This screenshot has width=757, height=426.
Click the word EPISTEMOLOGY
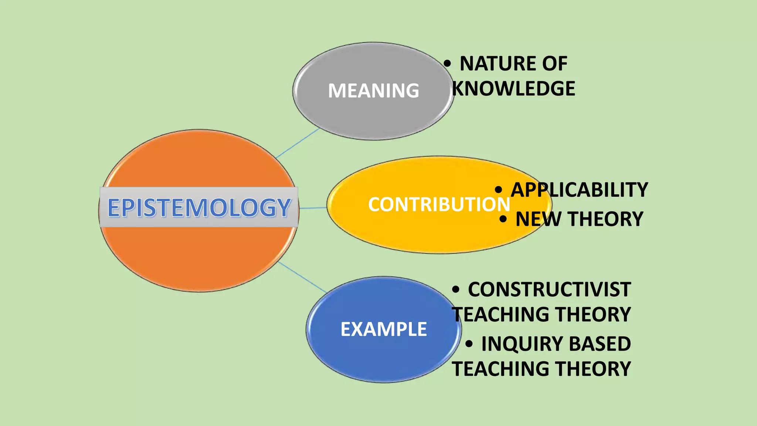pos(199,207)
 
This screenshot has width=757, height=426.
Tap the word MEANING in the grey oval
pos(373,91)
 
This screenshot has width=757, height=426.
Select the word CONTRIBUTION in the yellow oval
pos(439,204)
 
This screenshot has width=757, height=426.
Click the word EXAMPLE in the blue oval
pos(384,329)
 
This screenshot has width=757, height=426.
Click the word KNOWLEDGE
pos(514,89)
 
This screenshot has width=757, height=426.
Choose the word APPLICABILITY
pos(579,190)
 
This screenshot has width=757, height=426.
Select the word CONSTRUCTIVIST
pos(549,289)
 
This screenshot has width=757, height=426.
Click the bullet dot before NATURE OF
pos(447,64)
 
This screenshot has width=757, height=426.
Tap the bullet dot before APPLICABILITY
pos(499,190)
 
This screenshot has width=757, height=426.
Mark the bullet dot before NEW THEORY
pos(503,219)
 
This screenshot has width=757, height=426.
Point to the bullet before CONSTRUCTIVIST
pos(456,290)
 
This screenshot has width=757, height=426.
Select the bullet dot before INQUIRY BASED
pos(469,344)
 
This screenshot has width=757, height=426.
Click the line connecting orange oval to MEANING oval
pos(298,143)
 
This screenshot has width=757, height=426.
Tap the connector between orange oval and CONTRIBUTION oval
pos(313,208)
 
